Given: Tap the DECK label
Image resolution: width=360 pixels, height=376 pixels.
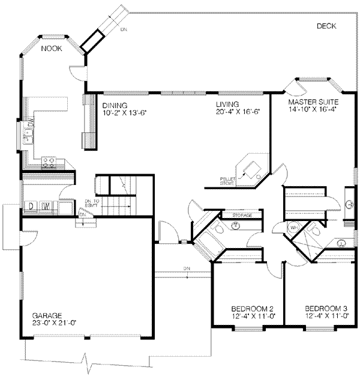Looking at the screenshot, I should point(326,26).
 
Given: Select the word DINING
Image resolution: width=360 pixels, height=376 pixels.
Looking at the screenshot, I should point(115,105).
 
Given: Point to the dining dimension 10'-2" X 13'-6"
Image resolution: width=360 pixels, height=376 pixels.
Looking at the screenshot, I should point(125,112).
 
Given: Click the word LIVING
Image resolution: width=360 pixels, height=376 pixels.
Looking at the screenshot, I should point(228,105).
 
